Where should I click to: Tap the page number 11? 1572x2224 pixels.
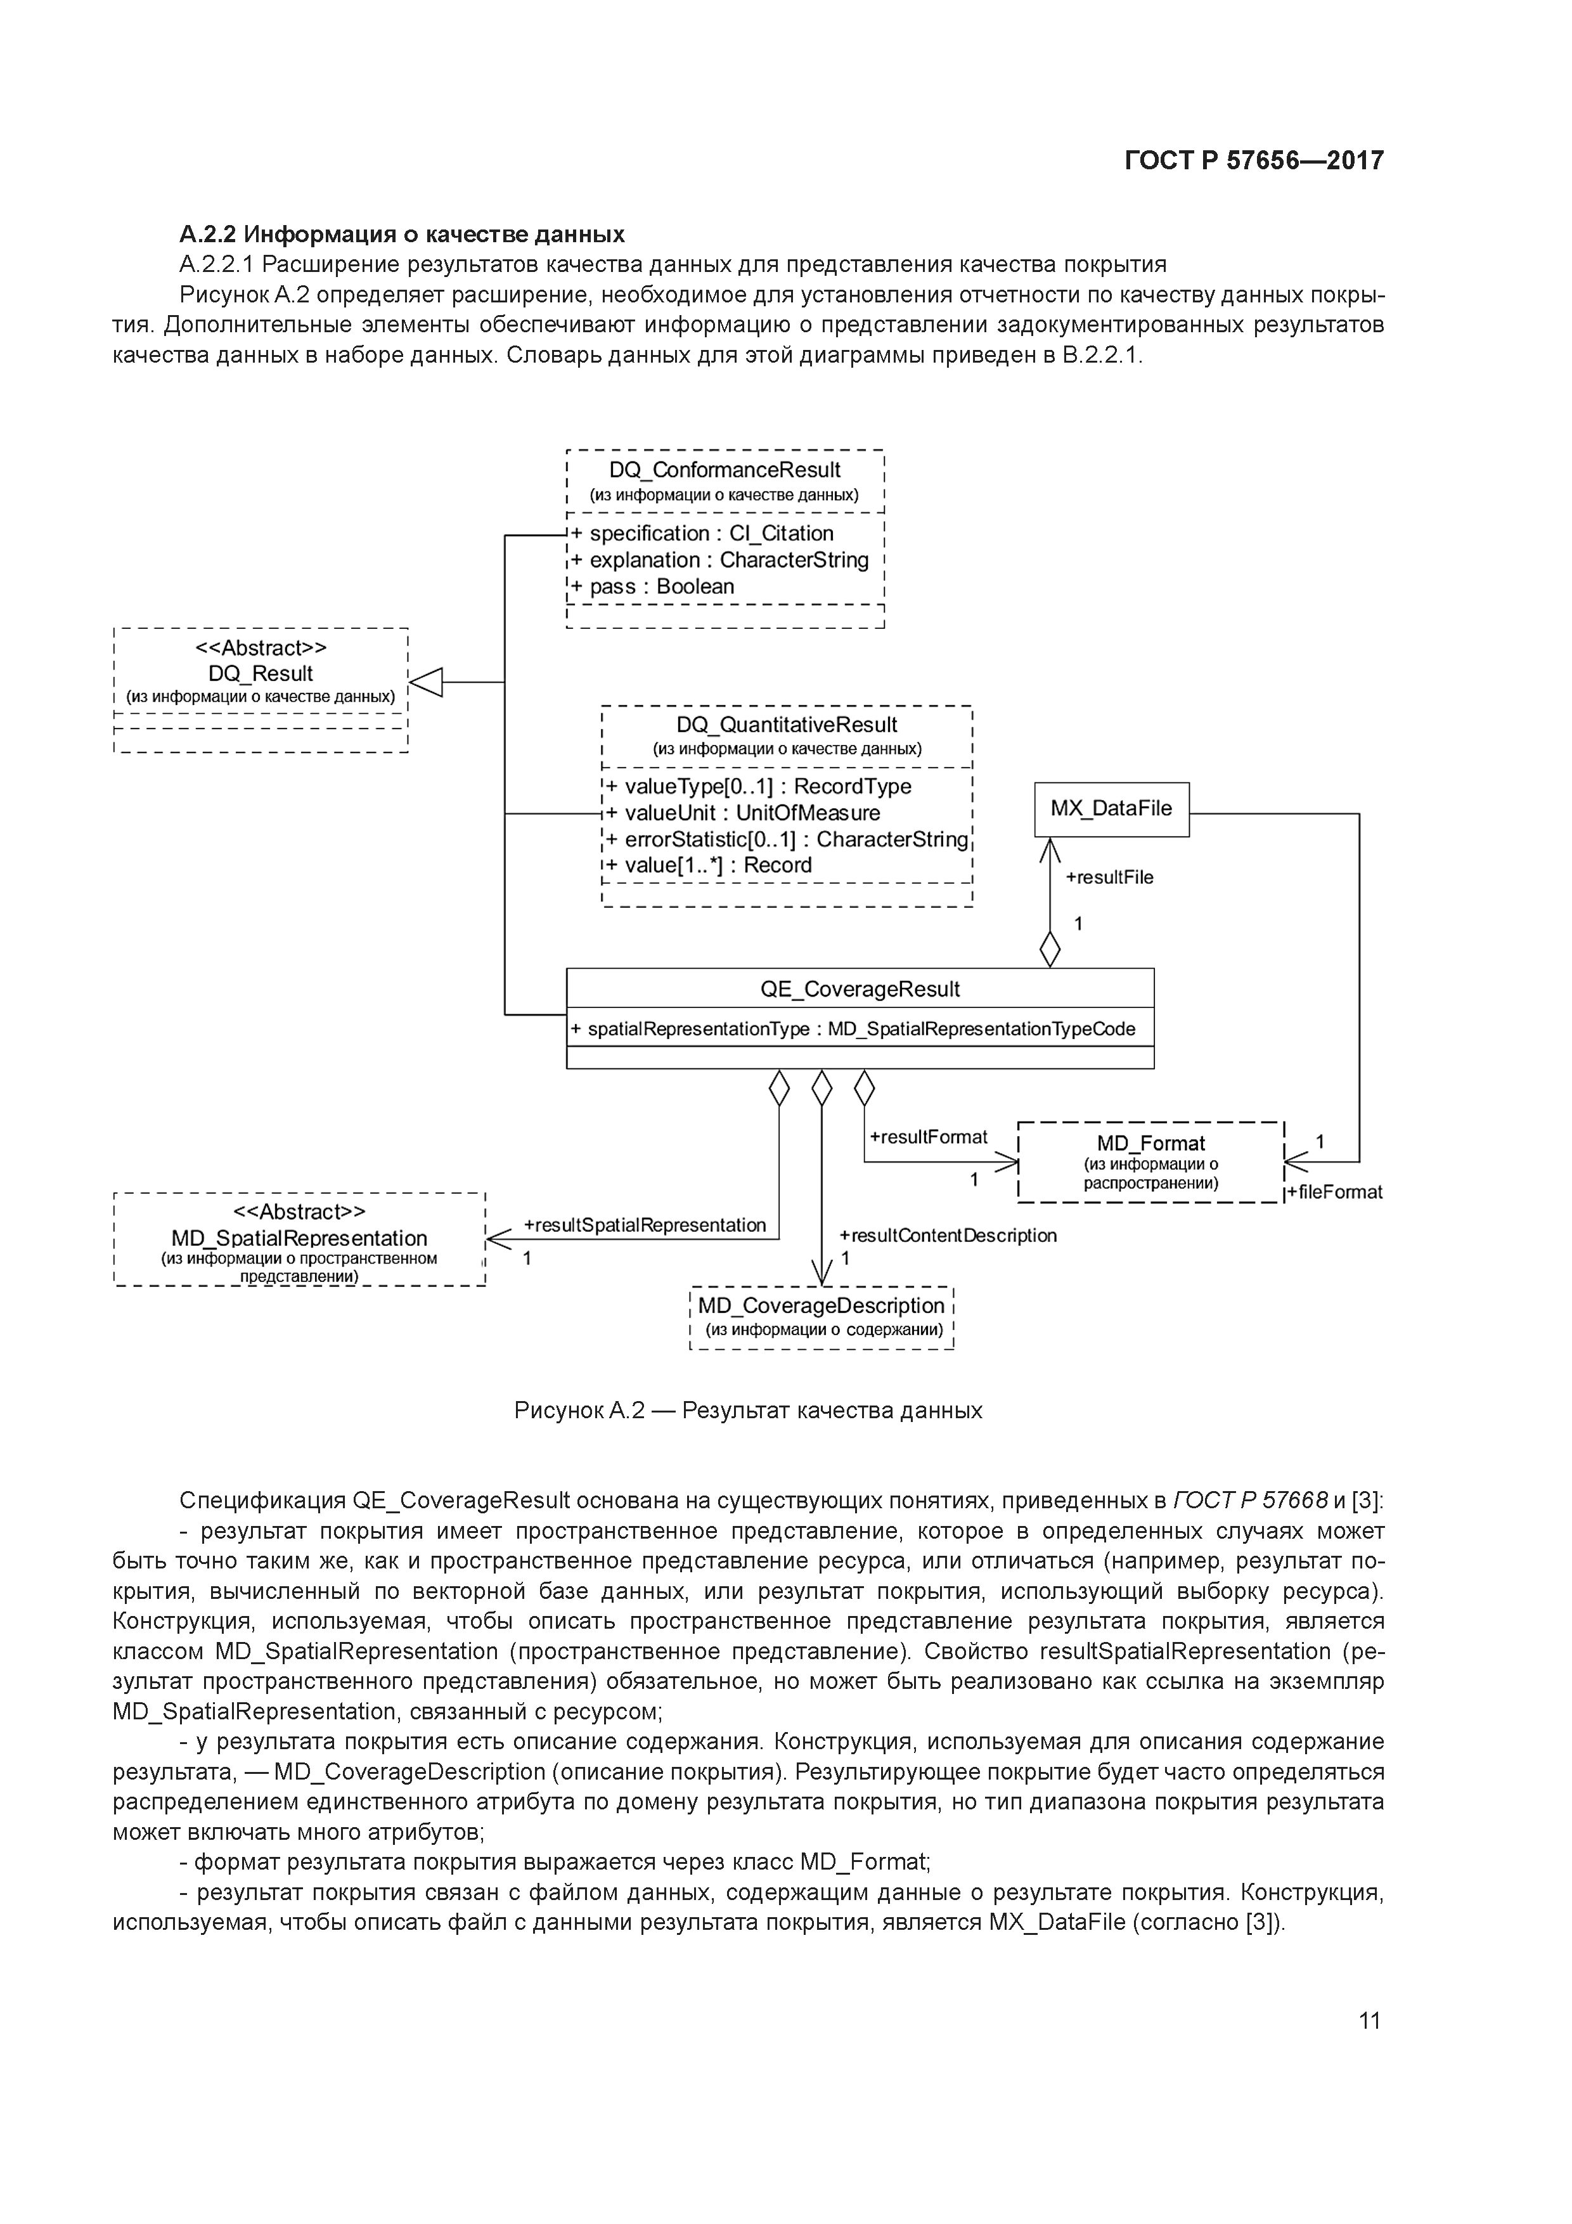(x=1369, y=2020)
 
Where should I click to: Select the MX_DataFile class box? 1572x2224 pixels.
(x=1111, y=809)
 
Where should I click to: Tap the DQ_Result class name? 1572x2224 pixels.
(x=261, y=673)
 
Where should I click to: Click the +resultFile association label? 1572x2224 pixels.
(x=1109, y=877)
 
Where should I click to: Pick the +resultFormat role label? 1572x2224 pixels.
(x=928, y=1137)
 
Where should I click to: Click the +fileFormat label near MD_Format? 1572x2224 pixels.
(x=1335, y=1193)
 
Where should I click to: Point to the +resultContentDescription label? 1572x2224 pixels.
(x=947, y=1236)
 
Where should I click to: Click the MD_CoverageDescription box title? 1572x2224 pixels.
(x=820, y=1306)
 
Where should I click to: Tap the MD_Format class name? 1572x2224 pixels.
(x=1150, y=1143)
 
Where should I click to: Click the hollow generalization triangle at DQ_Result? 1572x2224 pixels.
(x=426, y=682)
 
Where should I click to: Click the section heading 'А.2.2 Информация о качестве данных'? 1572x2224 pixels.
(x=402, y=235)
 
